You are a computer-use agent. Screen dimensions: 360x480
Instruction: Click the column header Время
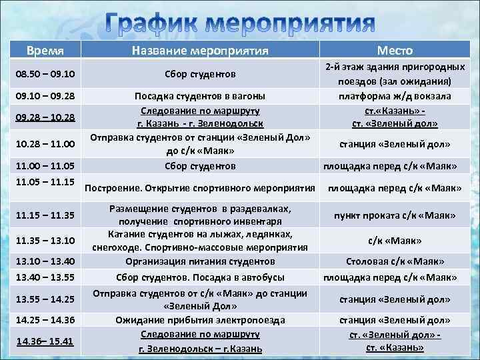click(x=45, y=51)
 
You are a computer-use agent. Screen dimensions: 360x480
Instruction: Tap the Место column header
click(x=395, y=50)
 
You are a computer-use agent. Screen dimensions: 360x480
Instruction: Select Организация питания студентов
click(x=200, y=261)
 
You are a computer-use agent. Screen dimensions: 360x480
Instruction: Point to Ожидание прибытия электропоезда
click(x=200, y=320)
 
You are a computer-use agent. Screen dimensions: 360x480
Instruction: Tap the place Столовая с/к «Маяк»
click(x=395, y=261)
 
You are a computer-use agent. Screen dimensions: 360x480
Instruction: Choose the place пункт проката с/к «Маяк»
click(x=395, y=215)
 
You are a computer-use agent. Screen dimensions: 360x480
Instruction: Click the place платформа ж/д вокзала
click(x=395, y=97)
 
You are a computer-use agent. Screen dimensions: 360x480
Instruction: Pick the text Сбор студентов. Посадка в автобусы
click(x=200, y=277)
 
